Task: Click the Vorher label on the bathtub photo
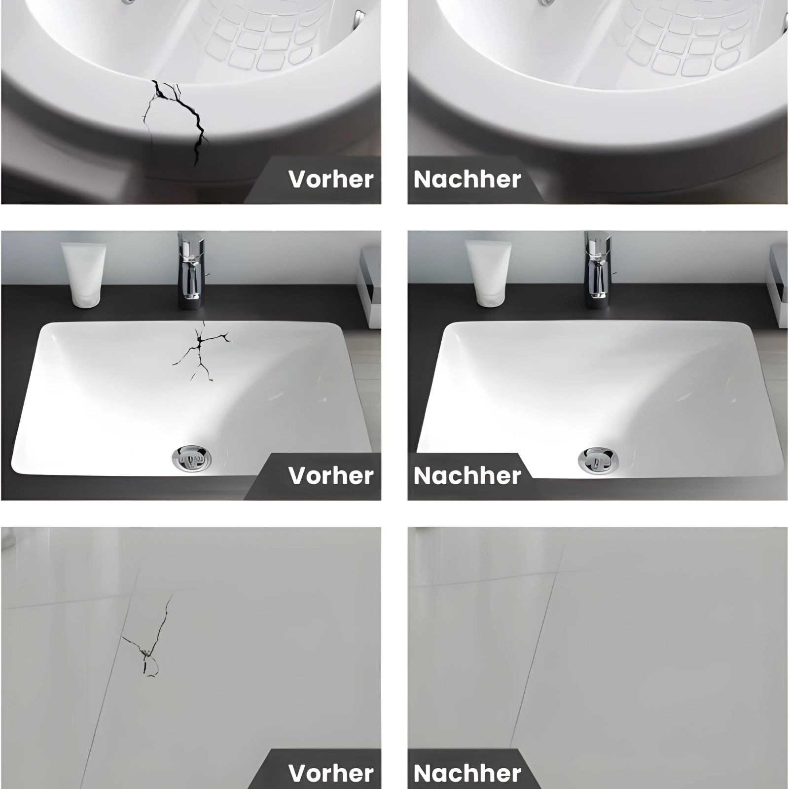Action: tap(331, 179)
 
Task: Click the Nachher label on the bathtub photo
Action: tap(467, 179)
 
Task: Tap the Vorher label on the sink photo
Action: tap(331, 476)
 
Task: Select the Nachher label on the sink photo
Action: tap(467, 476)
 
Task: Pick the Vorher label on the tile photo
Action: tap(331, 773)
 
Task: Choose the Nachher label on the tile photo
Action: tap(467, 773)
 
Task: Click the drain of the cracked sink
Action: tap(192, 459)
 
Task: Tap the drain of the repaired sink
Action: tap(598, 460)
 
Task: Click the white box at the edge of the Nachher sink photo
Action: tap(778, 286)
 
